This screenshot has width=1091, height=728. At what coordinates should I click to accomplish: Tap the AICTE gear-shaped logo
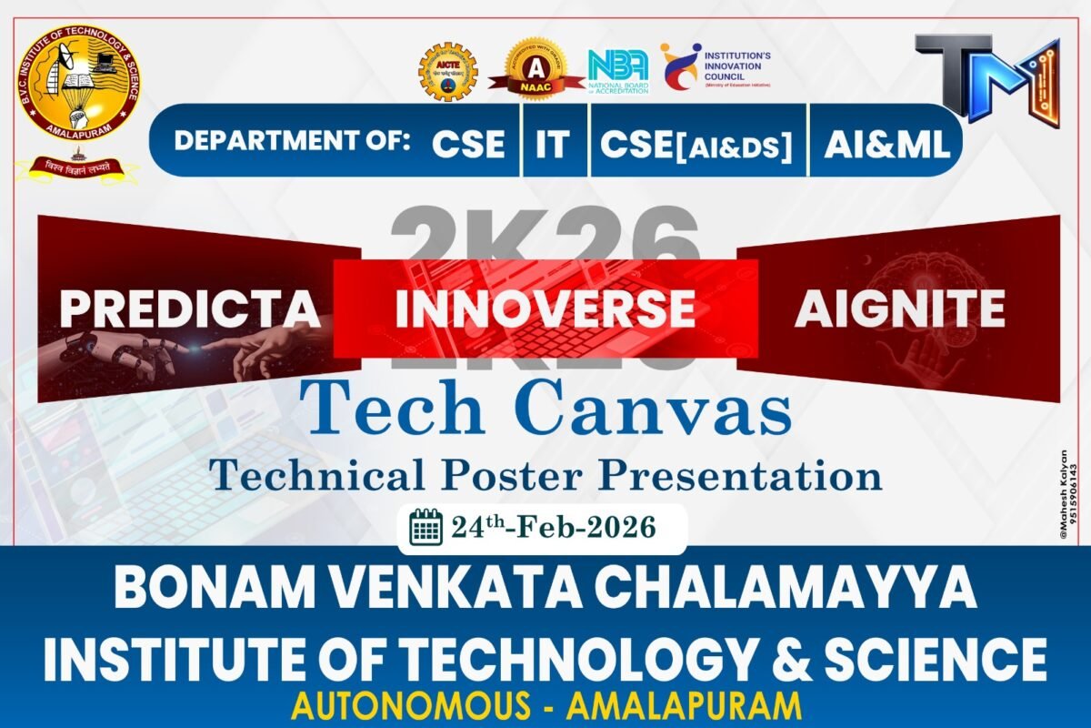coord(447,72)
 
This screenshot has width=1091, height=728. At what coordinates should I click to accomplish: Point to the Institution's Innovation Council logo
coord(715,66)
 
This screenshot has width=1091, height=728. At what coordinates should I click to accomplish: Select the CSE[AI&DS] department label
coord(696,145)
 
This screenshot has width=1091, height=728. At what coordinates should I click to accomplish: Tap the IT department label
coord(552,144)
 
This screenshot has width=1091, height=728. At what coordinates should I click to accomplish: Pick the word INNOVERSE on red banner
coord(545,309)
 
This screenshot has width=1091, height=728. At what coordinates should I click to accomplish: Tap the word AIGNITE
coord(899,309)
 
